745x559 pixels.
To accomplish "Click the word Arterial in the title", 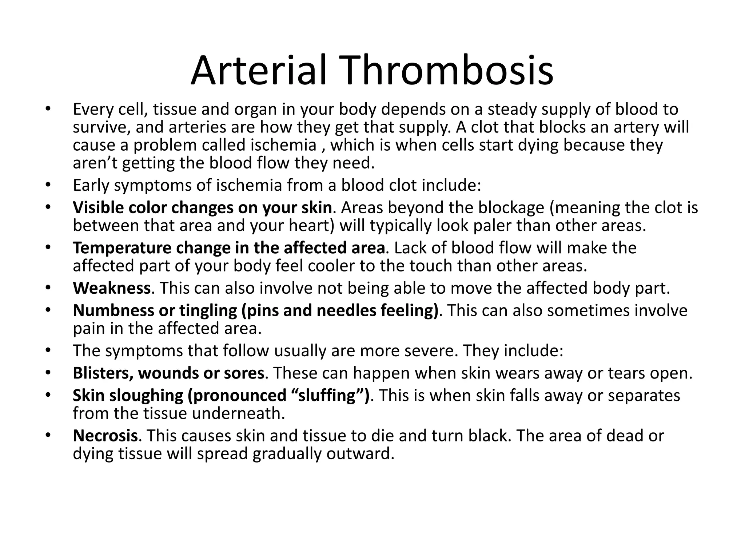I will pyautogui.click(x=258, y=71).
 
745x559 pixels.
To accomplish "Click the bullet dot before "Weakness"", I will pyautogui.click(x=48, y=288).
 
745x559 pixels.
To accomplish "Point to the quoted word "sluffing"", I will pyautogui.click(x=326, y=395).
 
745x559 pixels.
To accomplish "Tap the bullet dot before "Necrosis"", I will pyautogui.click(x=48, y=436).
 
